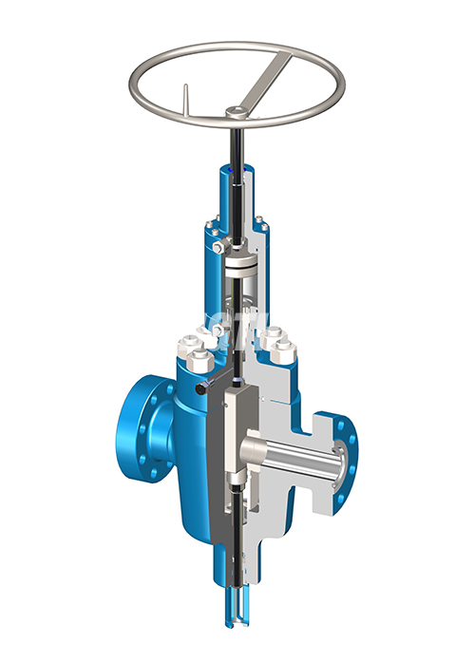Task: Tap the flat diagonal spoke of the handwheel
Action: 269,78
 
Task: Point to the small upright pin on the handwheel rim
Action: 186,97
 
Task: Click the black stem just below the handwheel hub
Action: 235,142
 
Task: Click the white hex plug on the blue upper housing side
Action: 219,249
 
